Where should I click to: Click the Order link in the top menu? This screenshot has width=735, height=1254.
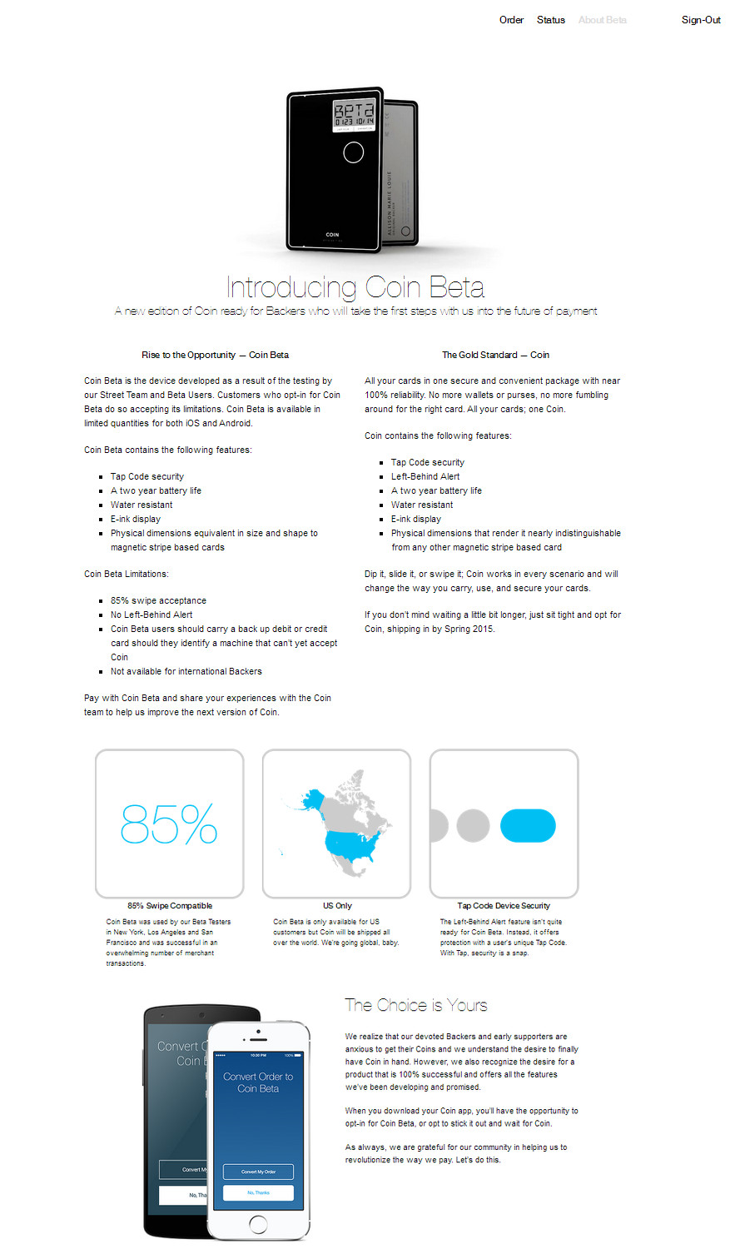click(x=511, y=20)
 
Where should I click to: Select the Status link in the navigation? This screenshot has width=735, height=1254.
click(x=550, y=20)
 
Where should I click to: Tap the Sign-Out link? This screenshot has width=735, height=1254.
click(x=701, y=20)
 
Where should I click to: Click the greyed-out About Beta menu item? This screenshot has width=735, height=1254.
click(x=602, y=20)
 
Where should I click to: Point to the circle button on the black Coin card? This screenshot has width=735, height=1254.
click(x=353, y=152)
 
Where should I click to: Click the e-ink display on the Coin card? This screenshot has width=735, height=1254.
click(x=354, y=115)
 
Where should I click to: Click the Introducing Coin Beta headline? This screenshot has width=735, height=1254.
click(x=355, y=287)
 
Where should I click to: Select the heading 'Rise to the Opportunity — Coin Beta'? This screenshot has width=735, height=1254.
click(x=215, y=355)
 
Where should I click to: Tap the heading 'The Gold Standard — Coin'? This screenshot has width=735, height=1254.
click(x=495, y=355)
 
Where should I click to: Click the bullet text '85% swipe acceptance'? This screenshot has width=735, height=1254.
click(x=158, y=600)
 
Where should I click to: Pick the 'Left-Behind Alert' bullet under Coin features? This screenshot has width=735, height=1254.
click(x=425, y=476)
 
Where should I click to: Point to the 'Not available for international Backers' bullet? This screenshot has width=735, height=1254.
click(x=186, y=671)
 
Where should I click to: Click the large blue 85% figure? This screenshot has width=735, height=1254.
click(x=169, y=824)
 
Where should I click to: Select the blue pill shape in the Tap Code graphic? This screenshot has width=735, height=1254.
click(x=528, y=825)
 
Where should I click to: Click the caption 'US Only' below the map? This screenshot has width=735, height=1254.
click(x=337, y=905)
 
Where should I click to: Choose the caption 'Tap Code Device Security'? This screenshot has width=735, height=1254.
click(x=504, y=905)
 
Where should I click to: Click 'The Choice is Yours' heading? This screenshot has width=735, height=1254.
click(x=416, y=1005)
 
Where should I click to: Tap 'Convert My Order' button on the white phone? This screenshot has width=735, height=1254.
click(x=258, y=1172)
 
